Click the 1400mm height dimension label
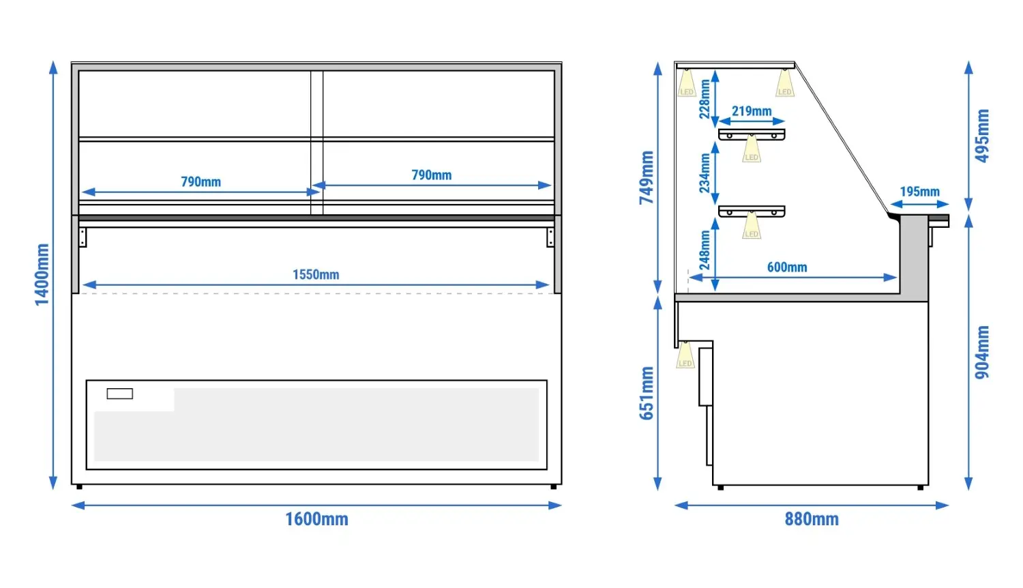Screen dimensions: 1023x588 point(42,275)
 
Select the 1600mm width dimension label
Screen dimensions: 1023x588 point(316,520)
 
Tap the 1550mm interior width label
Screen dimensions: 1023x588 point(316,275)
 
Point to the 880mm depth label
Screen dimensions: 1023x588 point(812,520)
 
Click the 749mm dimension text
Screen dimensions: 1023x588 point(647,177)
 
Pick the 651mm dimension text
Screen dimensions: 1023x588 point(647,393)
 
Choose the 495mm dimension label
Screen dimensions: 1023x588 point(982,136)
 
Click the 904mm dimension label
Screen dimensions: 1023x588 point(982,352)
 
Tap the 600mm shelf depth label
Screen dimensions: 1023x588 point(787,267)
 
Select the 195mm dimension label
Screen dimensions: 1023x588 point(919,192)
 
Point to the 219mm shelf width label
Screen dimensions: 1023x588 point(752,111)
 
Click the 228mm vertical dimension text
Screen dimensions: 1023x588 point(705,99)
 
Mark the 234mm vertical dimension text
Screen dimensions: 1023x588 point(705,173)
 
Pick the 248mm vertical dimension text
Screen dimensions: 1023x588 point(705,250)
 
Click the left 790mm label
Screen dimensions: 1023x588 point(201,182)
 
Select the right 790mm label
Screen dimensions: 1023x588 point(432,175)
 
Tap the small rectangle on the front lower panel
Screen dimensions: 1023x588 point(119,394)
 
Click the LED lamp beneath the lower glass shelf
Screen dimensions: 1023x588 point(752,225)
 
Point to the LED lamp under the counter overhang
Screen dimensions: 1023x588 point(685,355)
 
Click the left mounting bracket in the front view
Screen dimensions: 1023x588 point(83,237)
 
